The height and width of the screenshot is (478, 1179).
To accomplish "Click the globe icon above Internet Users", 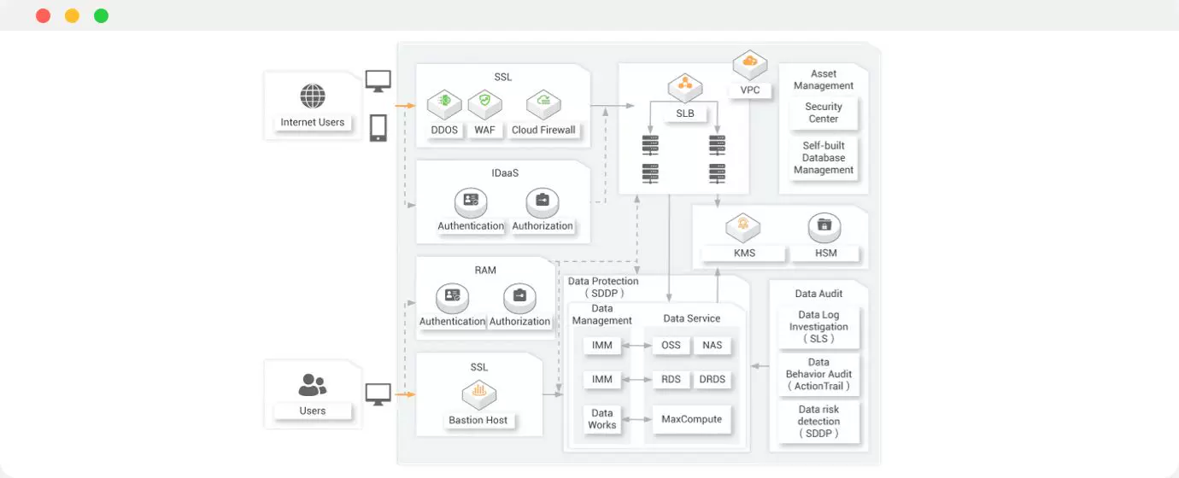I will [313, 94].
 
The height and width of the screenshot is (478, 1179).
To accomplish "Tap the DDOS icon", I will [444, 103].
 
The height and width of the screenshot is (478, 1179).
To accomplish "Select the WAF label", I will [484, 131].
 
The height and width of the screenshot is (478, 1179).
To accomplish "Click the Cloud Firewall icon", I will [543, 103].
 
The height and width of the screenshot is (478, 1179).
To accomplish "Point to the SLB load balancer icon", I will [684, 86].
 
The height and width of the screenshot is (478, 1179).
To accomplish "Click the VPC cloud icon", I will [750, 63].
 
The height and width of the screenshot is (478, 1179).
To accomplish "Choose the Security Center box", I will [824, 113].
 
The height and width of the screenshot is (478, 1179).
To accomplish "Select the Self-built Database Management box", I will [824, 158].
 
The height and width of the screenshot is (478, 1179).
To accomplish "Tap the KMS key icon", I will [743, 228].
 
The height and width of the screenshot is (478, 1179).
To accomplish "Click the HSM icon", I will [824, 228].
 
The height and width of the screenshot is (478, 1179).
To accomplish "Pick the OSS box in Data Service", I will [672, 346].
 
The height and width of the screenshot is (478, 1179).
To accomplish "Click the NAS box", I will [713, 346].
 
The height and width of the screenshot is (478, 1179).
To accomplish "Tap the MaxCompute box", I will [691, 419].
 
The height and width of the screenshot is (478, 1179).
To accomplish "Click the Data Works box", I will [602, 419].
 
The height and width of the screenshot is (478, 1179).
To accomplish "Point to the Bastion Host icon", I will [479, 394].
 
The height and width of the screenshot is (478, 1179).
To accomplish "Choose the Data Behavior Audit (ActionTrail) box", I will [818, 375].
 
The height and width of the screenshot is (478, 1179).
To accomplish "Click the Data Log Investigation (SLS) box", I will [818, 327].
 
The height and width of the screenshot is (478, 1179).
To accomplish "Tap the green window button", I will [101, 15].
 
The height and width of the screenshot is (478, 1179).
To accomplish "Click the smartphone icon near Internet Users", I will [378, 128].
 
